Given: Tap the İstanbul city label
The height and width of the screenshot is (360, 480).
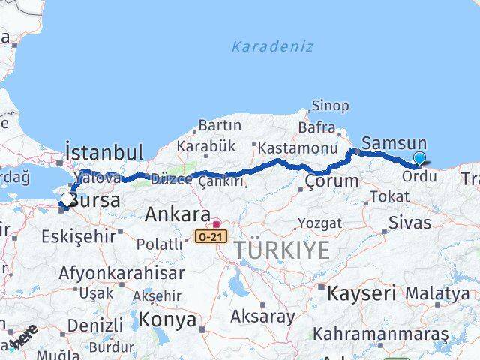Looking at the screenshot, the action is click(x=104, y=151).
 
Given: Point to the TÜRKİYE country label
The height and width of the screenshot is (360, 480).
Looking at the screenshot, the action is click(x=281, y=250).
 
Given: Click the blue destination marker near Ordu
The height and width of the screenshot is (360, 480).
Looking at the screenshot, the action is click(x=419, y=158).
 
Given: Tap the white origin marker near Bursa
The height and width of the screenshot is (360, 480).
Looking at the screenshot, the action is click(x=67, y=199).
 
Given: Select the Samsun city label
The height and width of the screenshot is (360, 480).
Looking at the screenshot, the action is click(x=394, y=142).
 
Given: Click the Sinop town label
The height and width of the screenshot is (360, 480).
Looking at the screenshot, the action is click(x=330, y=106).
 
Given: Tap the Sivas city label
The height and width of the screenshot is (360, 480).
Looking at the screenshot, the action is click(x=409, y=222).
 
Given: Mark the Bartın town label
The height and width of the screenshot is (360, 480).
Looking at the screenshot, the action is click(x=220, y=125).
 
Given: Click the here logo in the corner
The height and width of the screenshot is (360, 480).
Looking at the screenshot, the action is click(x=22, y=336).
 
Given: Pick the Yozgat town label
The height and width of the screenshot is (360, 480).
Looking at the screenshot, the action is click(x=319, y=223).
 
